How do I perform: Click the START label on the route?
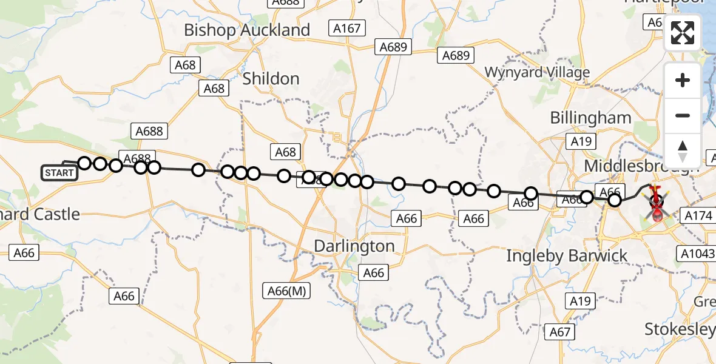59,173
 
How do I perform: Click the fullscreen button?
683,33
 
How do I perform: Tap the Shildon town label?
271,79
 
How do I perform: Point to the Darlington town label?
354,246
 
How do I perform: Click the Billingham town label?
590,118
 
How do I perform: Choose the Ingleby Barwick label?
567,256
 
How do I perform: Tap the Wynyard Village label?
536,72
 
